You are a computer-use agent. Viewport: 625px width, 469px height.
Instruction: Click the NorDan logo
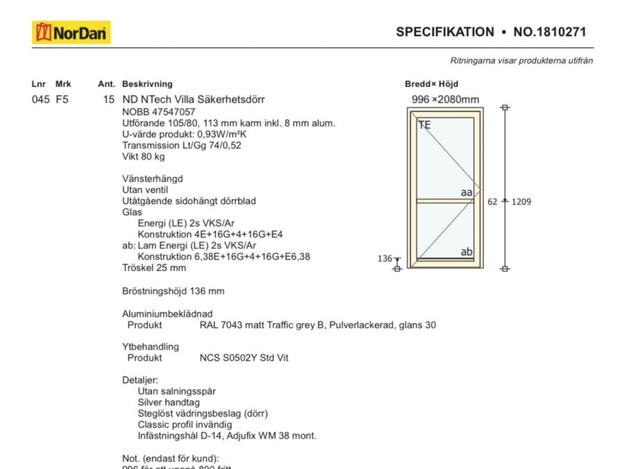[71, 32]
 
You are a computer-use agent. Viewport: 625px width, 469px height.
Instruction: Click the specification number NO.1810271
[550, 32]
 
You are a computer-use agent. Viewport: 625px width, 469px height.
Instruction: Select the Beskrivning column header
[147, 84]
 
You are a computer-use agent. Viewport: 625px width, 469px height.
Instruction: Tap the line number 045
[40, 99]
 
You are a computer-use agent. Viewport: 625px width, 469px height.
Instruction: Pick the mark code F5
[62, 99]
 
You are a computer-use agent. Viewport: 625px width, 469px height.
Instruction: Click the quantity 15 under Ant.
[108, 99]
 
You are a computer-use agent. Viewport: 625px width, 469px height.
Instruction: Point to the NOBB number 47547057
[176, 112]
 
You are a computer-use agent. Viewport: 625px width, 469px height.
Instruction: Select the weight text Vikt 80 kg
[144, 156]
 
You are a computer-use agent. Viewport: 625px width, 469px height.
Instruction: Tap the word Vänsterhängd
[152, 179]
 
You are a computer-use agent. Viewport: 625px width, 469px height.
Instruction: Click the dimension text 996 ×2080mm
[445, 99]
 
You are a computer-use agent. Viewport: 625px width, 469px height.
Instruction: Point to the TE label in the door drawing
[424, 125]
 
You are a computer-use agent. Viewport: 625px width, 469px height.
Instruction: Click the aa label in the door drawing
[467, 192]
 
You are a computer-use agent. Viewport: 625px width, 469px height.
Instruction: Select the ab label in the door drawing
[467, 252]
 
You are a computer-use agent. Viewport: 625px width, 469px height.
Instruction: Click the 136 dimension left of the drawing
[385, 258]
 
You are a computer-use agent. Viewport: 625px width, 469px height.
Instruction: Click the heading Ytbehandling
[151, 347]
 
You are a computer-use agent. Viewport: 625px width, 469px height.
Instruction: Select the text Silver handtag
[169, 402]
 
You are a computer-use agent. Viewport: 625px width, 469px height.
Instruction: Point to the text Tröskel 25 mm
[154, 268]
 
